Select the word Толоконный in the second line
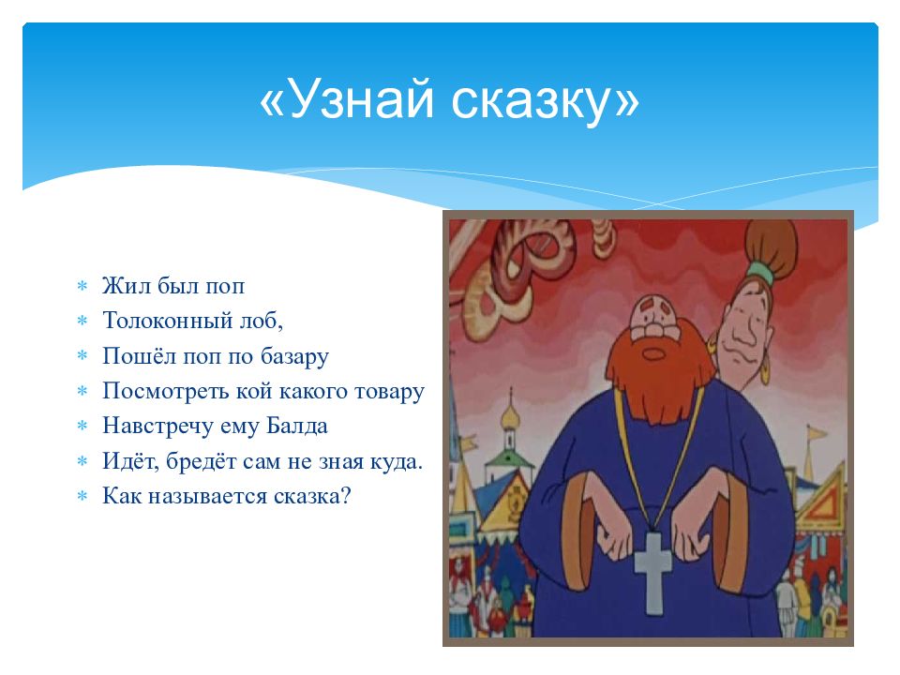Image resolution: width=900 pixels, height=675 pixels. click(166, 320)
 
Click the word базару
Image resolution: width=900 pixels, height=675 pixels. click(295, 357)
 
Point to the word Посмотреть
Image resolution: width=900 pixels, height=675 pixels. click(166, 392)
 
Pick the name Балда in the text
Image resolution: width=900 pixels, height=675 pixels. click(297, 426)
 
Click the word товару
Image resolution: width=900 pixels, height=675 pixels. click(390, 392)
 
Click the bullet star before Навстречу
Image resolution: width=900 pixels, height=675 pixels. click(82, 426)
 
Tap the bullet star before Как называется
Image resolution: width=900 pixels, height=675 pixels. click(82, 495)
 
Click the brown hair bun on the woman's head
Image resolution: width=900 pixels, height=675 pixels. click(771, 244)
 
